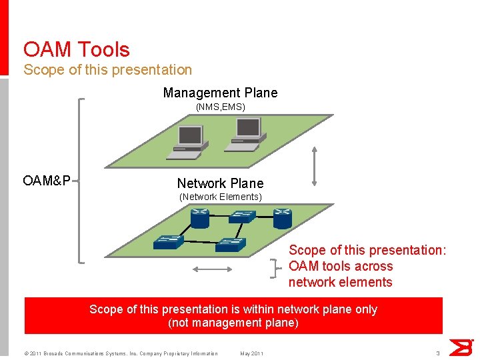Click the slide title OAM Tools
(76, 49)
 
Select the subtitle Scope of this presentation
(107, 69)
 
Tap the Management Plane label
(220, 93)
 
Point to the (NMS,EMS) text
(220, 107)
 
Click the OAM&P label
(47, 181)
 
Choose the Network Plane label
(220, 183)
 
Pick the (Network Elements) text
(221, 197)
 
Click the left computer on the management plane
(187, 142)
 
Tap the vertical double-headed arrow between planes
(315, 165)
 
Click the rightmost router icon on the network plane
(282, 217)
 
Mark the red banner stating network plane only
(233, 316)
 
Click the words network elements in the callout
(340, 282)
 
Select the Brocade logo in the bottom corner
(461, 347)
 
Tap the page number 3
(437, 353)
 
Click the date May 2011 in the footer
(251, 353)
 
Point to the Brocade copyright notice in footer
(121, 353)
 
